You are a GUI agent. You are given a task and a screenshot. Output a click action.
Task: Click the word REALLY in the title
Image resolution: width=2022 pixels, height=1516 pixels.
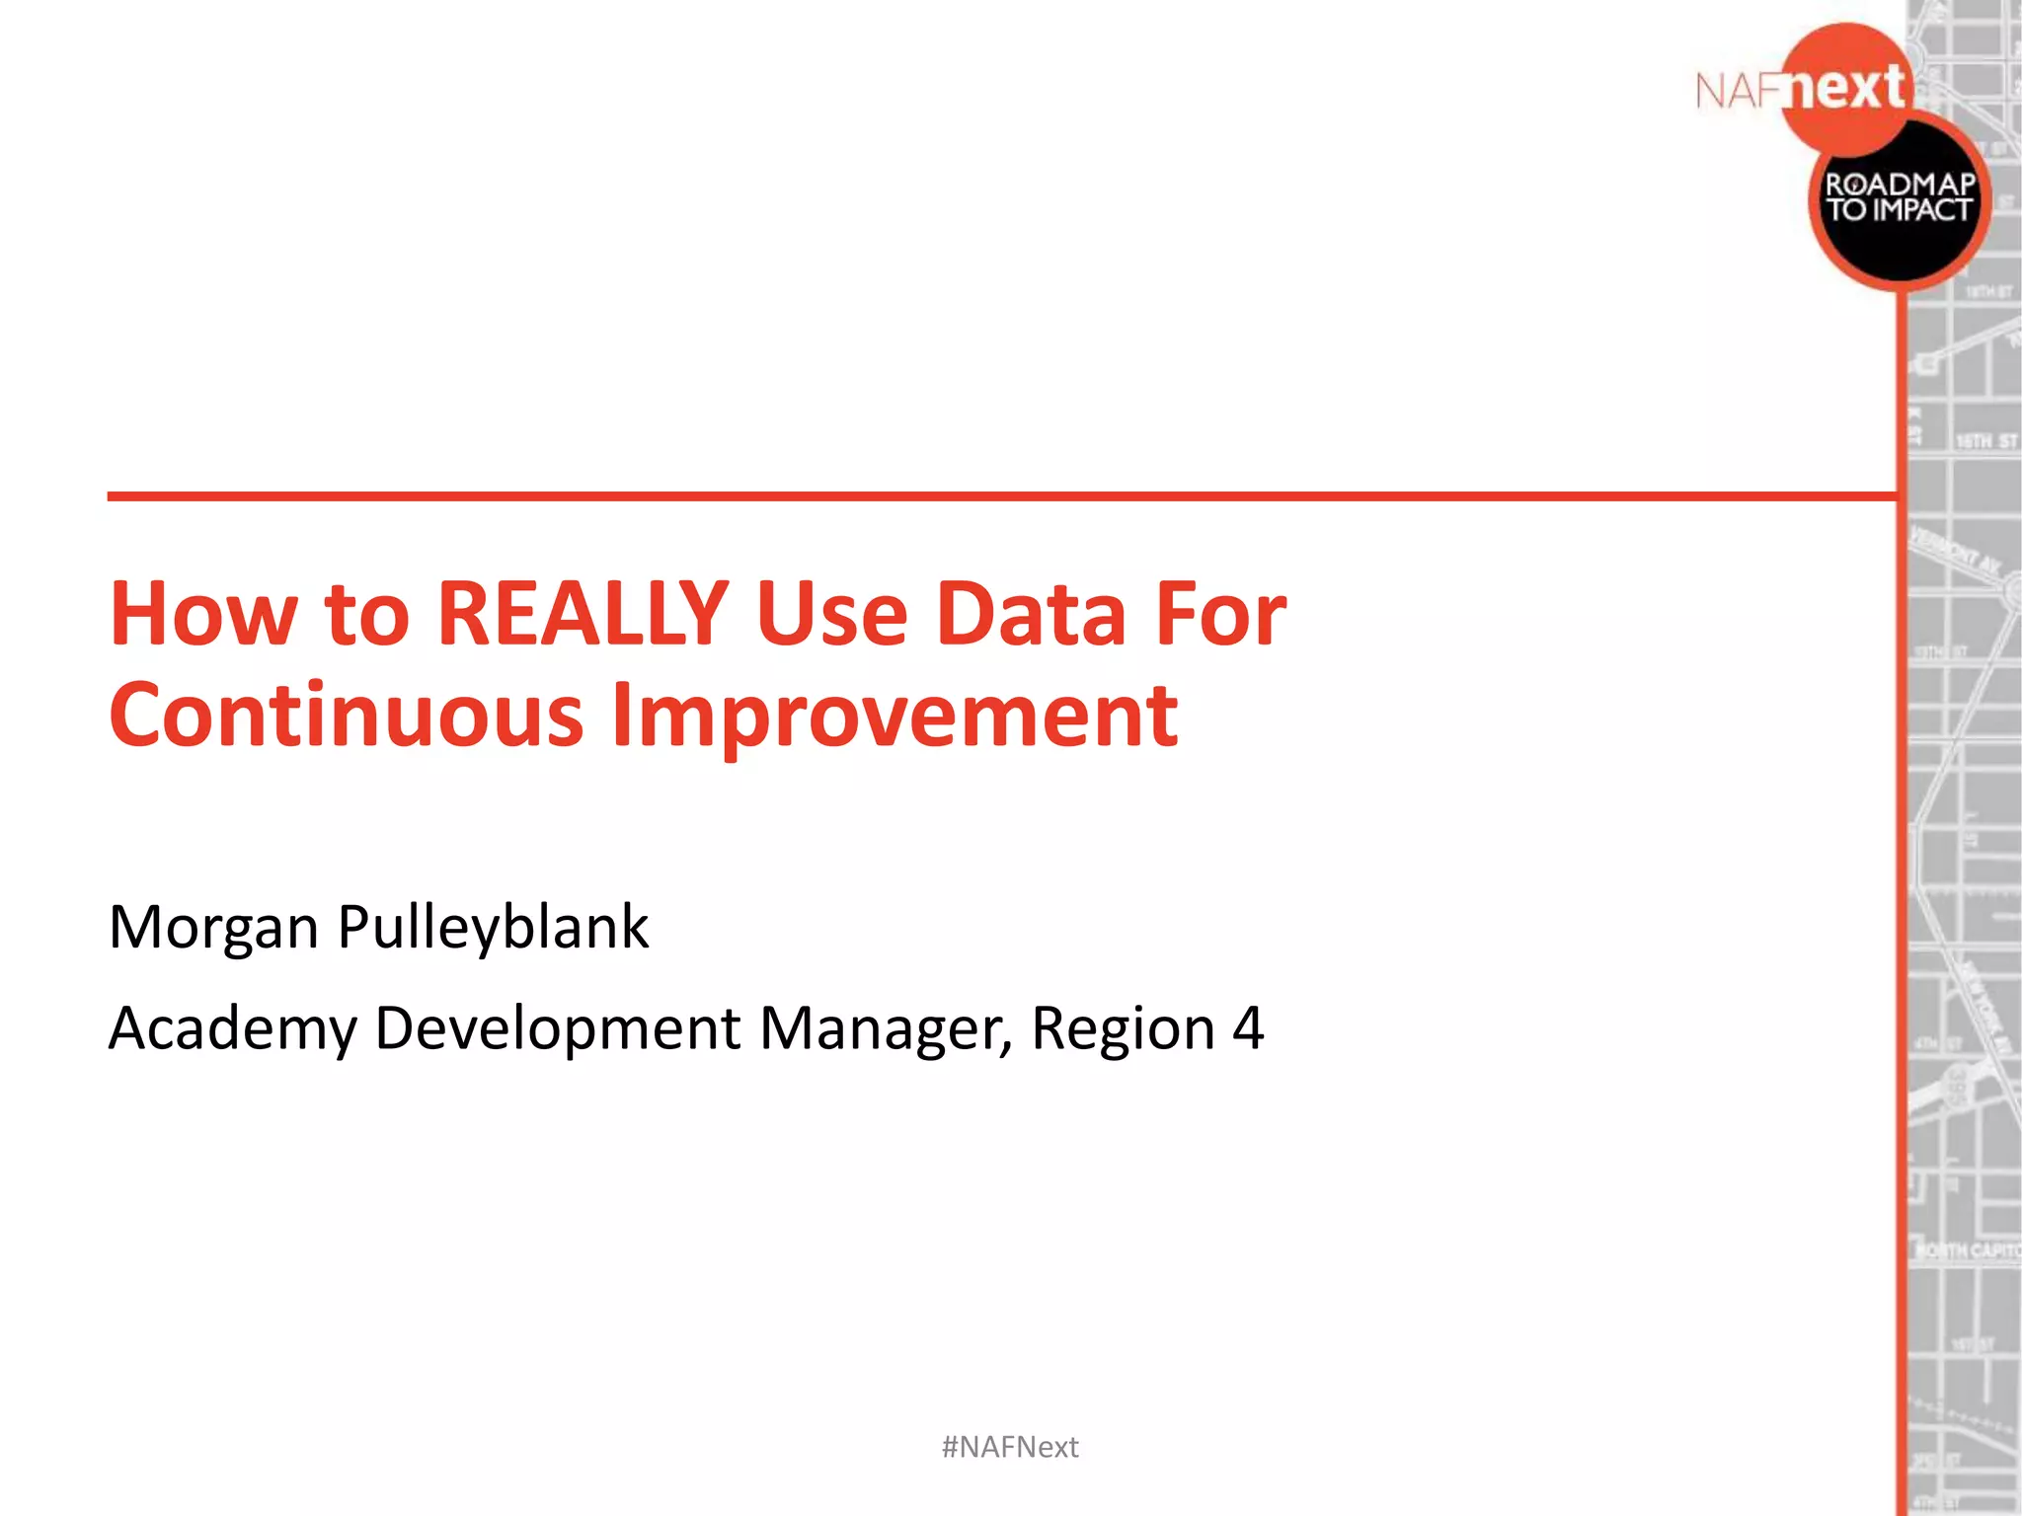tap(583, 614)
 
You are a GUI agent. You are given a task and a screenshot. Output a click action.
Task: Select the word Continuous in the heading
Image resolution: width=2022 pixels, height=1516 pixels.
tap(346, 715)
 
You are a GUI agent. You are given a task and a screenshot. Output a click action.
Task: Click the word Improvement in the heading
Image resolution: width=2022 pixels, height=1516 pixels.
tap(894, 717)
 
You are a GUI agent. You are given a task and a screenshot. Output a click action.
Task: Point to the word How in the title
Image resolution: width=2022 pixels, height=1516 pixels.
tap(202, 614)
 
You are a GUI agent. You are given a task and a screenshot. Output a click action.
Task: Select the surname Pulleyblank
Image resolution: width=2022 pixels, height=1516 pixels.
tap(493, 928)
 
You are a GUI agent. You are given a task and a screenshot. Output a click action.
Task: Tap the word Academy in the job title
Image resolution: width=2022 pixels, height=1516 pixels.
tap(232, 1029)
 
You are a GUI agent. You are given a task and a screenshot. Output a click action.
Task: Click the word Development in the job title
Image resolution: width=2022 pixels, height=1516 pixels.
tap(558, 1029)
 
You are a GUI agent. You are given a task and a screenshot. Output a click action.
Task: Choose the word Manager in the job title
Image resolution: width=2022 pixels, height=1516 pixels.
tap(885, 1029)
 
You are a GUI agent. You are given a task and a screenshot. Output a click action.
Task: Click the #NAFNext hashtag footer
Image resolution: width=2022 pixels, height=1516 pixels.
tap(1010, 1447)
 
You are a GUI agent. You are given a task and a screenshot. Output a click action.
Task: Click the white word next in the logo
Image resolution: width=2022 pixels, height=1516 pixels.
tap(1846, 89)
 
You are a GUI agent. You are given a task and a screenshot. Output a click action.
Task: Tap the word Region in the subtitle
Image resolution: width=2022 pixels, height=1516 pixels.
tap(1123, 1029)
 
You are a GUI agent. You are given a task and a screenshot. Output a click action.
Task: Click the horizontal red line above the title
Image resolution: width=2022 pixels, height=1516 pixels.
tap(987, 495)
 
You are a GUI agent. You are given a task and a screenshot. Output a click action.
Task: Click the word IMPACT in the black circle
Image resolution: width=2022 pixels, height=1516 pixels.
tap(1920, 210)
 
